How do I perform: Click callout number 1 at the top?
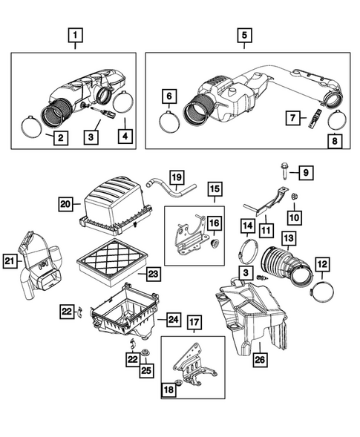point(74,34)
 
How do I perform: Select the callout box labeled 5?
point(243,34)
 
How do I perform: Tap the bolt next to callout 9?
point(287,172)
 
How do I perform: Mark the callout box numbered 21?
point(10,260)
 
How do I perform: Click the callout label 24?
point(172,320)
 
